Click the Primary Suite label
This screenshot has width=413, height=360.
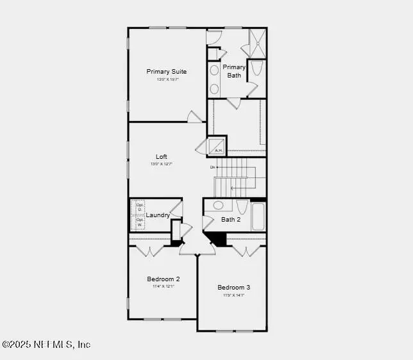click(167, 72)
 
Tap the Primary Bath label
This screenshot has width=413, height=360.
click(234, 70)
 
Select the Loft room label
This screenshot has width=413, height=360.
click(162, 156)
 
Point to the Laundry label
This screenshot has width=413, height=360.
click(158, 215)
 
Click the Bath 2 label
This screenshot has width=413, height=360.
click(231, 220)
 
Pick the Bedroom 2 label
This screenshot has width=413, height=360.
click(163, 279)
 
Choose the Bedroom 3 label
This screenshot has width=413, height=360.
click(233, 288)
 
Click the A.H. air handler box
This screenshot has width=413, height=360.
click(217, 146)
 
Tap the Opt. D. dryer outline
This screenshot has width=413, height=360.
click(139, 208)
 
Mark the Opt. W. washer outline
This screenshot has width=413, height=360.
click(139, 222)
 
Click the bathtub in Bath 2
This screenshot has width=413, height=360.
click(258, 216)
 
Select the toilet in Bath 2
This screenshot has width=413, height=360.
click(242, 207)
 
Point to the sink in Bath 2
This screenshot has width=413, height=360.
click(218, 206)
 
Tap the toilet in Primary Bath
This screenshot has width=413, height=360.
click(256, 68)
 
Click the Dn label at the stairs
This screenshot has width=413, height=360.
click(212, 167)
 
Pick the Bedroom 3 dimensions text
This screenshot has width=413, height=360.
click(233, 295)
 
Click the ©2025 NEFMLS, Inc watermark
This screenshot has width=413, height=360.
click(46, 345)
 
